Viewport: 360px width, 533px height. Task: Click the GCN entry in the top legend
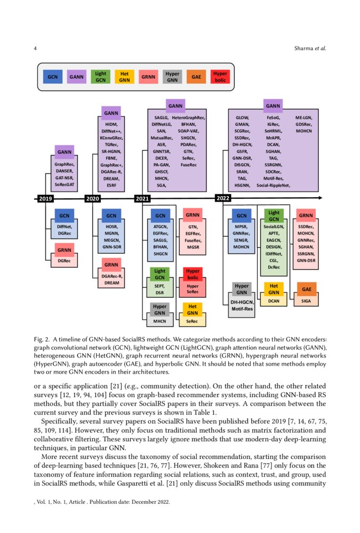52,77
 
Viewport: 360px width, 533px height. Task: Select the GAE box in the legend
195,77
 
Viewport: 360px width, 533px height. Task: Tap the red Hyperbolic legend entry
219,77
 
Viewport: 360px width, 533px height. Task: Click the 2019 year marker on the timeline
45,199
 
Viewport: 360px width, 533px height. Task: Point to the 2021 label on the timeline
142,199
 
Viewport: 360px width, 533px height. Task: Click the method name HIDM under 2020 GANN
111,124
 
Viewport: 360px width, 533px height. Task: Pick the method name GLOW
242,117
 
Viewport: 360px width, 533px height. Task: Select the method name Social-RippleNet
273,185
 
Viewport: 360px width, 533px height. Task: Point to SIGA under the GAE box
306,301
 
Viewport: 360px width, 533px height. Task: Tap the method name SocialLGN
274,227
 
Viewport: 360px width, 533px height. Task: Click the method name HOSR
111,227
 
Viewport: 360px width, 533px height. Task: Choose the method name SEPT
159,286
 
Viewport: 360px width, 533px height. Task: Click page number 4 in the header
35,49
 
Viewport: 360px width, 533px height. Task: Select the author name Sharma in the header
303,49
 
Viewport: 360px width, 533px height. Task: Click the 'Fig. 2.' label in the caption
42,339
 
